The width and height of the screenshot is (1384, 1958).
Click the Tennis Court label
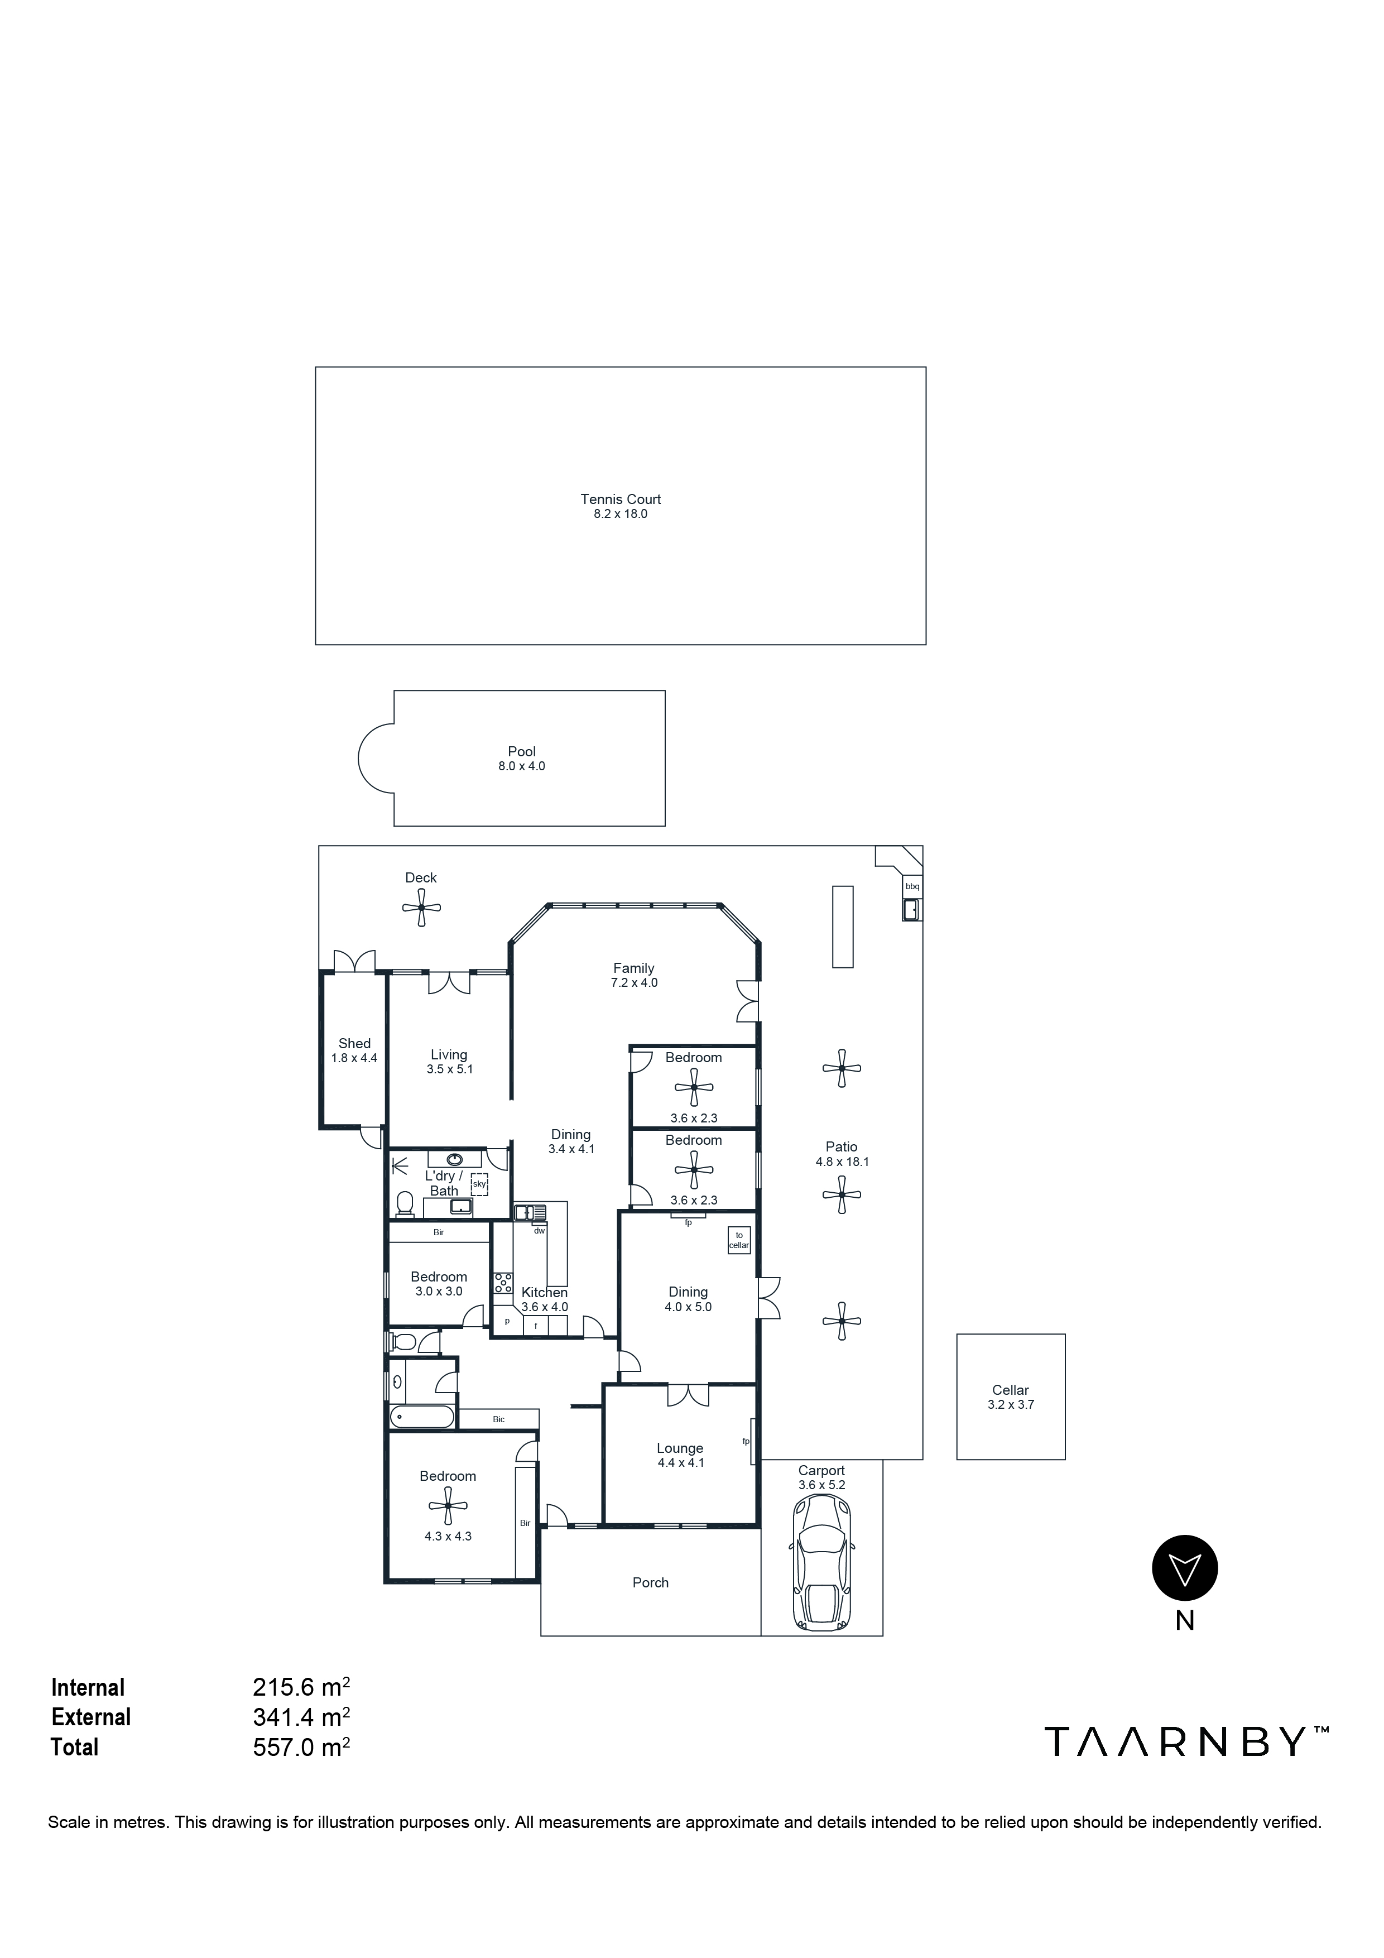tap(620, 499)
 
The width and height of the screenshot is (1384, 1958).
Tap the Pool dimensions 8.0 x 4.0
tap(521, 766)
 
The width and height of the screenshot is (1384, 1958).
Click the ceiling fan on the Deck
tap(421, 908)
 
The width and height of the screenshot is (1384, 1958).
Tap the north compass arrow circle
tap(1184, 1567)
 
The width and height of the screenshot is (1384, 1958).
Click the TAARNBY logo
tap(1185, 1741)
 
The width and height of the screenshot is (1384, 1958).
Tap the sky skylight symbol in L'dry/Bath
tap(479, 1184)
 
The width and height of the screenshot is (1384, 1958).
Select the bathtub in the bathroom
tap(422, 1417)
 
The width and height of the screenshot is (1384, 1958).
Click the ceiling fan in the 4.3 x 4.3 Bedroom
tap(448, 1507)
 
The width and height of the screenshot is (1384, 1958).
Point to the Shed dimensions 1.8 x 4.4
tap(354, 1058)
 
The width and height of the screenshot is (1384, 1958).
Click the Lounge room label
tap(680, 1448)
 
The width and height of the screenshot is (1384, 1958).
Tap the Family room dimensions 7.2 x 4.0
tap(633, 982)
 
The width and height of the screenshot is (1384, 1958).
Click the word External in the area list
tap(91, 1717)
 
